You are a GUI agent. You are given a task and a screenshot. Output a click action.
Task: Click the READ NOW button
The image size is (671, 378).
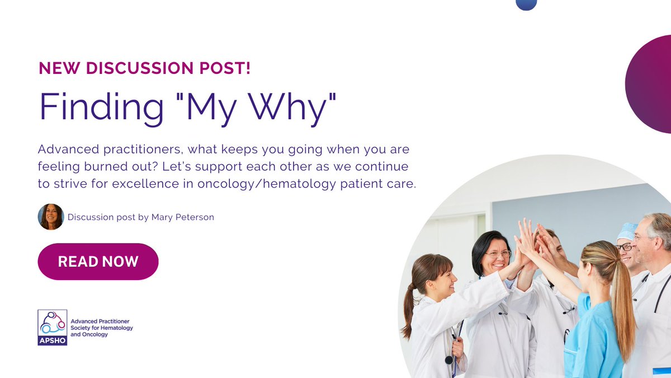[98, 262]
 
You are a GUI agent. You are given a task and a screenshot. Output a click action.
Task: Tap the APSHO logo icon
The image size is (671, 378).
[53, 327]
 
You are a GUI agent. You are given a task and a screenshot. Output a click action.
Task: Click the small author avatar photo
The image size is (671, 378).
[50, 217]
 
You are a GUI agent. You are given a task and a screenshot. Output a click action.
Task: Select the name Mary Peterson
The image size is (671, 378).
[182, 217]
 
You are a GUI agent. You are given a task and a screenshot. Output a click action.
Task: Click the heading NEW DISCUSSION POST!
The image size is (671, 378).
[144, 68]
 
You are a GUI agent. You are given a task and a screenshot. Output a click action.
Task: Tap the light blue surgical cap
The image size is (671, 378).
[627, 231]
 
